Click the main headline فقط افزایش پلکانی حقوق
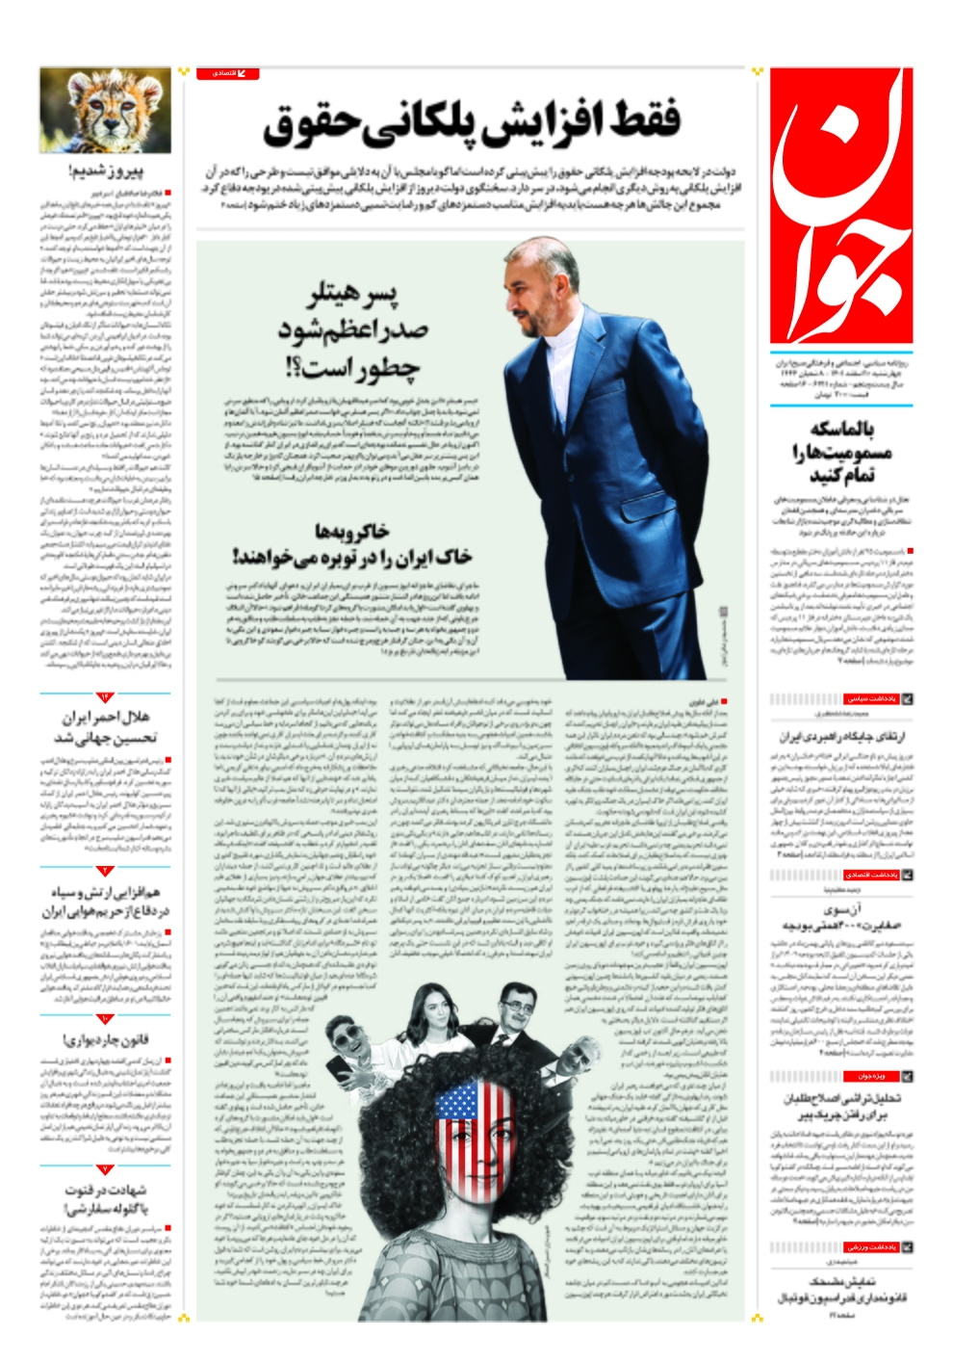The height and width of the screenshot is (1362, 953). pyautogui.click(x=472, y=122)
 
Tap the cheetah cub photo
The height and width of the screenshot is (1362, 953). pyautogui.click(x=105, y=110)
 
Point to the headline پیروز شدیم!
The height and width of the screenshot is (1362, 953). pyautogui.click(x=106, y=173)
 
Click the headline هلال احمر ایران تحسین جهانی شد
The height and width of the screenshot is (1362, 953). pyautogui.click(x=106, y=727)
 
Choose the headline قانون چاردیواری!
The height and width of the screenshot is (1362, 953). pyautogui.click(x=106, y=1039)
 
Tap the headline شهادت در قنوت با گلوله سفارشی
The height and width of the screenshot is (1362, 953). pyautogui.click(x=106, y=1199)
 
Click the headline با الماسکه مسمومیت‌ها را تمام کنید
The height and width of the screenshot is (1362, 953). pyautogui.click(x=840, y=452)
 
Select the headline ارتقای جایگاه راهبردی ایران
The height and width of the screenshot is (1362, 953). pyautogui.click(x=840, y=736)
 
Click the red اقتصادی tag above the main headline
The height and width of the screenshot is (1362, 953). pyautogui.click(x=228, y=73)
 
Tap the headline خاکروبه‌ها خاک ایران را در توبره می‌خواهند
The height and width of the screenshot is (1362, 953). pyautogui.click(x=351, y=544)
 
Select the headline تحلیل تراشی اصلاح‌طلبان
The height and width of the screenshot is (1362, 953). pyautogui.click(x=840, y=1107)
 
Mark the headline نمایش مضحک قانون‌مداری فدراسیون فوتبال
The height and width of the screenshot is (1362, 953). pyautogui.click(x=840, y=1290)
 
